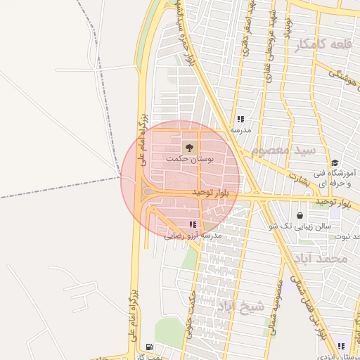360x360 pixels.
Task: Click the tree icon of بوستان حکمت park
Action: pyautogui.click(x=188, y=147)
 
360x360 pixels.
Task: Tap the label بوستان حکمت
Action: pyautogui.click(x=190, y=160)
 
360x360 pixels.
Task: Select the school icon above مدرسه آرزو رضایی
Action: pyautogui.click(x=193, y=225)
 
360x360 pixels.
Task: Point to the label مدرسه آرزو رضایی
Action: pyautogui.click(x=193, y=236)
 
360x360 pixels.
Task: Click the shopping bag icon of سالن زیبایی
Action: pyautogui.click(x=301, y=215)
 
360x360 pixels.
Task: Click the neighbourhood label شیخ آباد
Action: pyautogui.click(x=240, y=305)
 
